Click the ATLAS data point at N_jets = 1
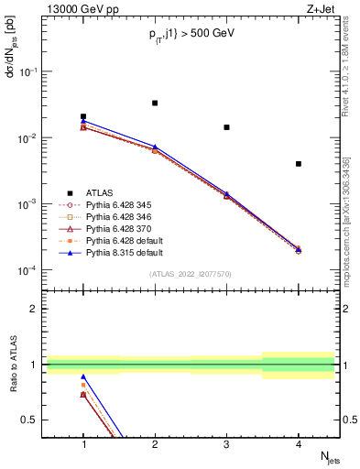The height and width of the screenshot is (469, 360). tap(83, 117)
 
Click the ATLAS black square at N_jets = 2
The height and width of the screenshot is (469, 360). tap(155, 104)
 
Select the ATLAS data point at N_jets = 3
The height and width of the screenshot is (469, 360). tap(226, 127)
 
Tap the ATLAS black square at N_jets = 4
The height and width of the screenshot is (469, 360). tap(299, 164)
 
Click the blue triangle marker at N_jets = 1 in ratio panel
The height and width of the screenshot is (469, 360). tap(83, 377)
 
